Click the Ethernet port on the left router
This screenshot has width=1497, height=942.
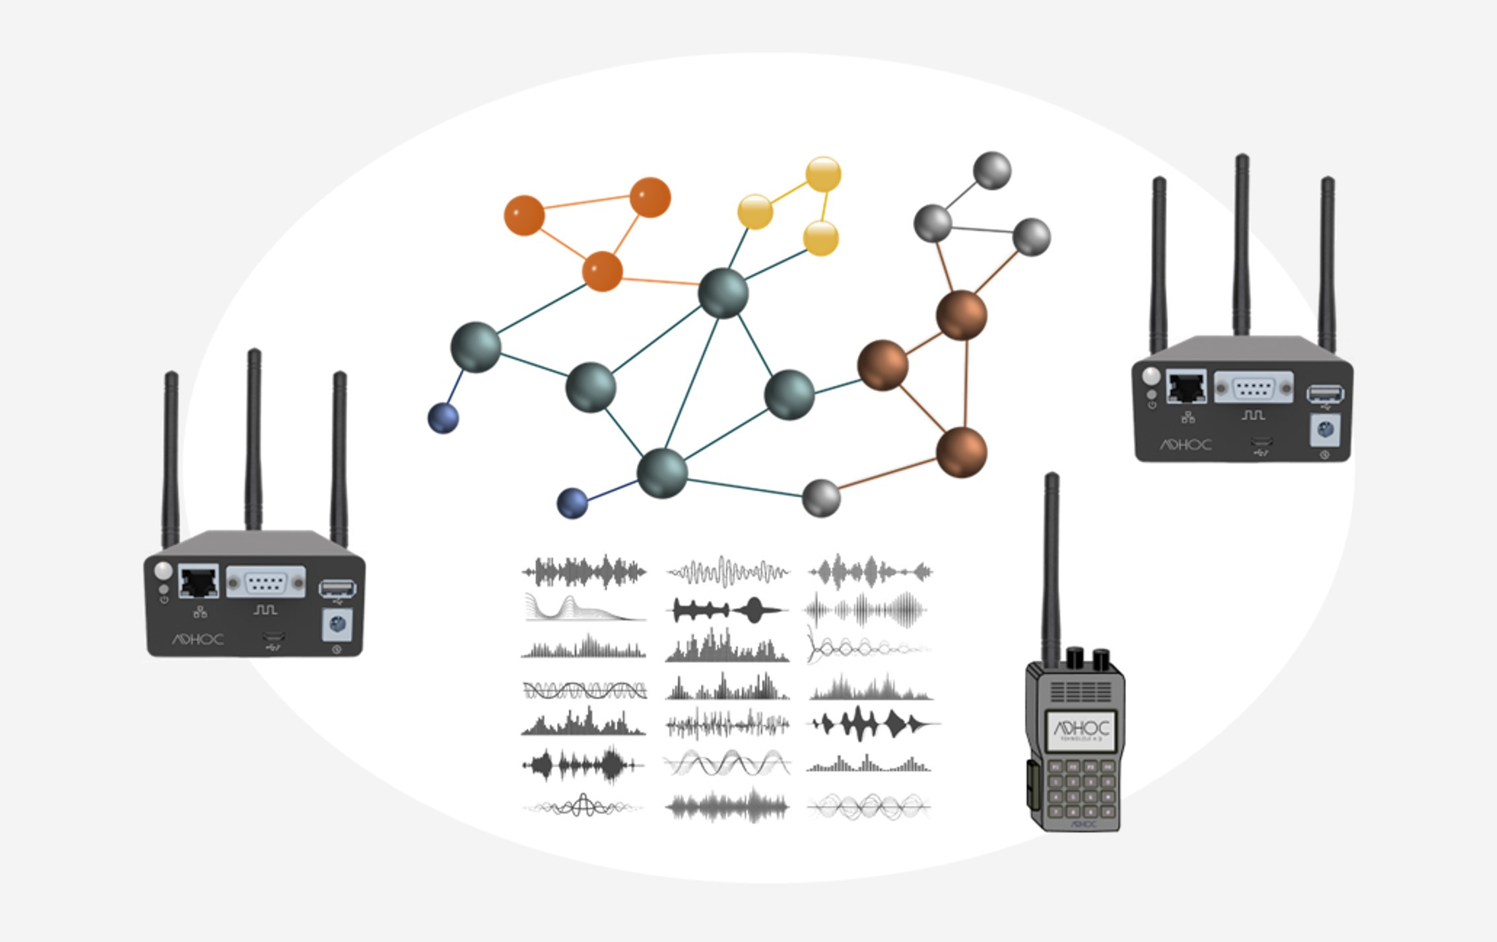point(199,582)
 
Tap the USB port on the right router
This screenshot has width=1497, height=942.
point(1325,394)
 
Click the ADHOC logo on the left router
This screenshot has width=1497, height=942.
point(198,639)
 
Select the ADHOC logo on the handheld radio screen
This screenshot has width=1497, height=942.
point(1081,728)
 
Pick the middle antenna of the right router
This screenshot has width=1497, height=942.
point(1242,244)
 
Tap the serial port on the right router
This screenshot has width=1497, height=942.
point(1253,387)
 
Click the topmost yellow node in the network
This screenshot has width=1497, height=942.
point(823,175)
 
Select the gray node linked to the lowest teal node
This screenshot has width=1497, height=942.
point(821,498)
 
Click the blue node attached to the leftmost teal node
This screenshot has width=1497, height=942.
point(443,419)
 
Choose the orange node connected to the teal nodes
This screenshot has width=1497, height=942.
point(602,271)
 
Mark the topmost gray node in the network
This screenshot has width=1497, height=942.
point(991,170)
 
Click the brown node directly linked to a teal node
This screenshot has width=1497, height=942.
point(882,365)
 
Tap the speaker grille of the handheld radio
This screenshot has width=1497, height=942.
point(1081,692)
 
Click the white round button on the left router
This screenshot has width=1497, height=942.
point(163,570)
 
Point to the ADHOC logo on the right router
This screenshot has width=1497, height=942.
point(1186,445)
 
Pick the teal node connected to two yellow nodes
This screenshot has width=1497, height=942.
point(723,293)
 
